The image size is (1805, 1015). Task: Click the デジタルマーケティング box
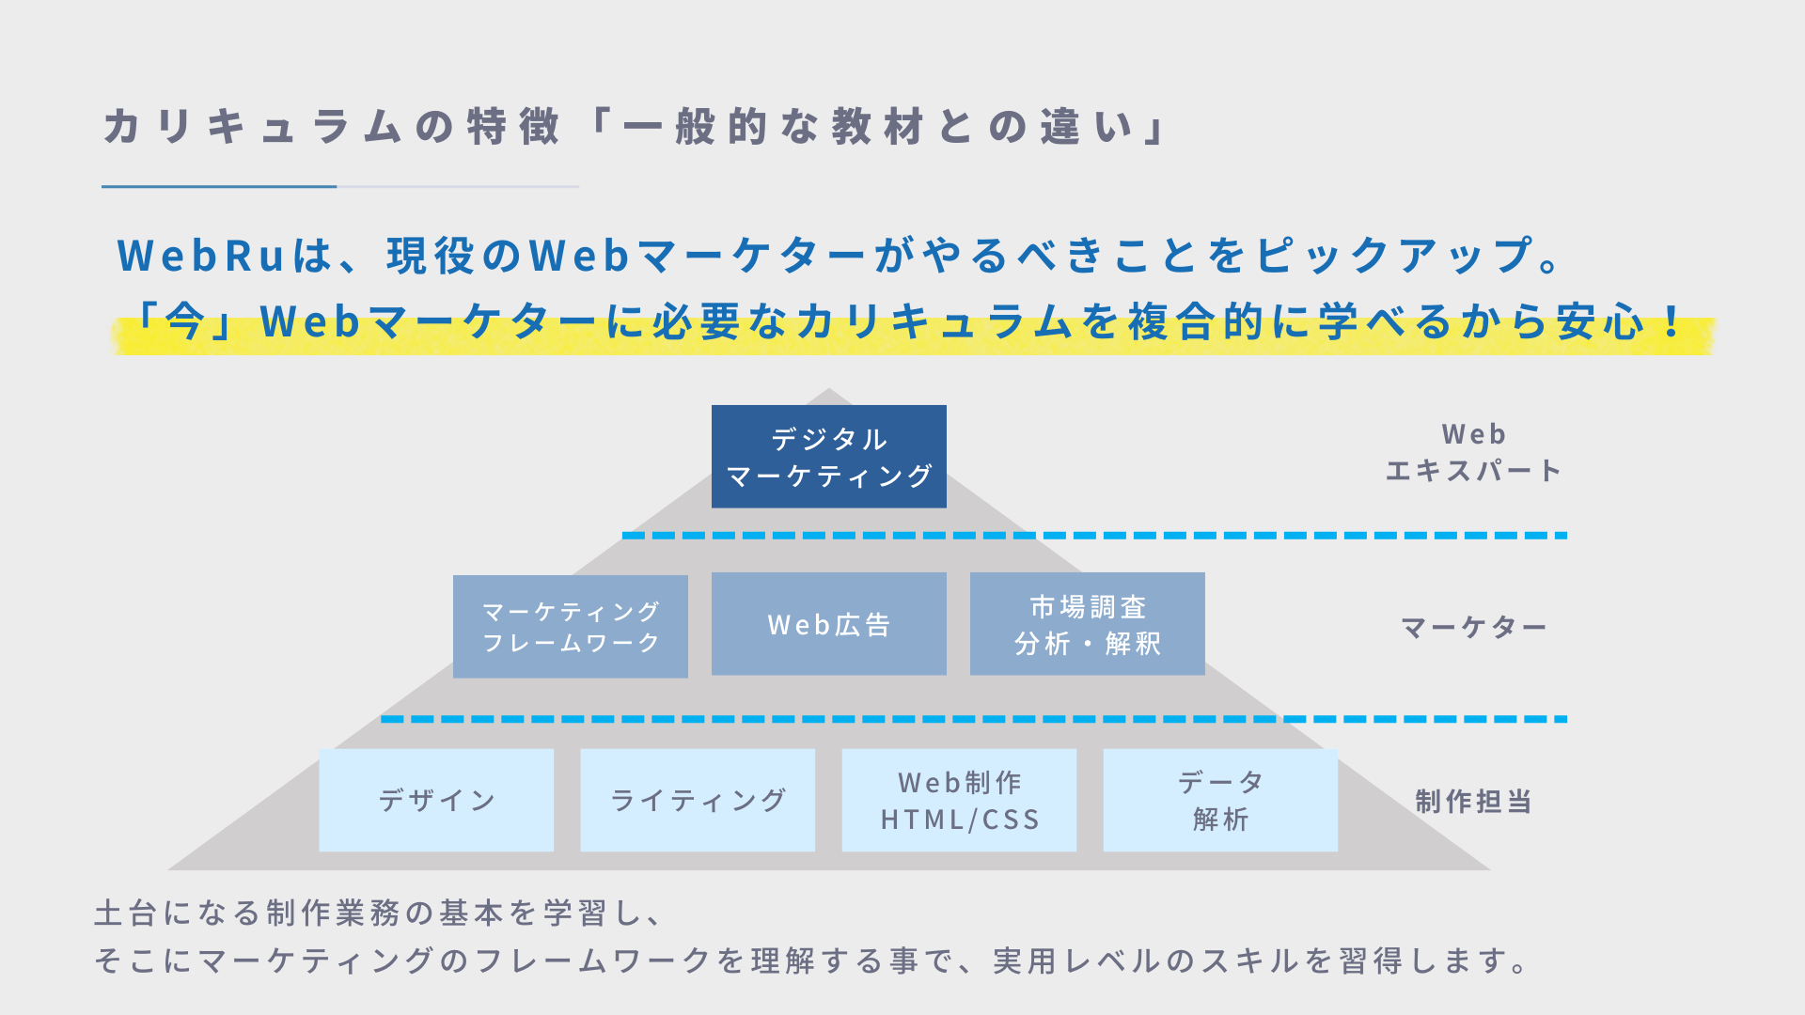point(828,457)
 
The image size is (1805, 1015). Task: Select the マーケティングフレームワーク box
point(570,627)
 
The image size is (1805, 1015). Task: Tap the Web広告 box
point(828,624)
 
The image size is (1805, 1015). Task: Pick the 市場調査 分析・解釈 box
point(1087,624)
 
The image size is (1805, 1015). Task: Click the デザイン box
point(436,800)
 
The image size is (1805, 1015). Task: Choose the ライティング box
point(698,800)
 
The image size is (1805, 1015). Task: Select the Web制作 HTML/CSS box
point(959,800)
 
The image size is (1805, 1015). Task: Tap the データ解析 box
point(1220,800)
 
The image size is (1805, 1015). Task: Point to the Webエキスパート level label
point(1473,452)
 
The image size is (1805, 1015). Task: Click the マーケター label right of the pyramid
point(1473,627)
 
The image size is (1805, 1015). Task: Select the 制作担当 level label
point(1473,802)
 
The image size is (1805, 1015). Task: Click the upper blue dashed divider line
point(1094,536)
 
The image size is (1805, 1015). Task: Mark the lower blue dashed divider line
point(973,719)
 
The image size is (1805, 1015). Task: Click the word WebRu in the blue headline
point(201,256)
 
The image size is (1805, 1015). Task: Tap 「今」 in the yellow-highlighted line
point(184,321)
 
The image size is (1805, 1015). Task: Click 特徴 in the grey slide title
point(513,127)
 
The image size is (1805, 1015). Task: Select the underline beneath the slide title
point(339,187)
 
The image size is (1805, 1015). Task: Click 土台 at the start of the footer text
point(125,913)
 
